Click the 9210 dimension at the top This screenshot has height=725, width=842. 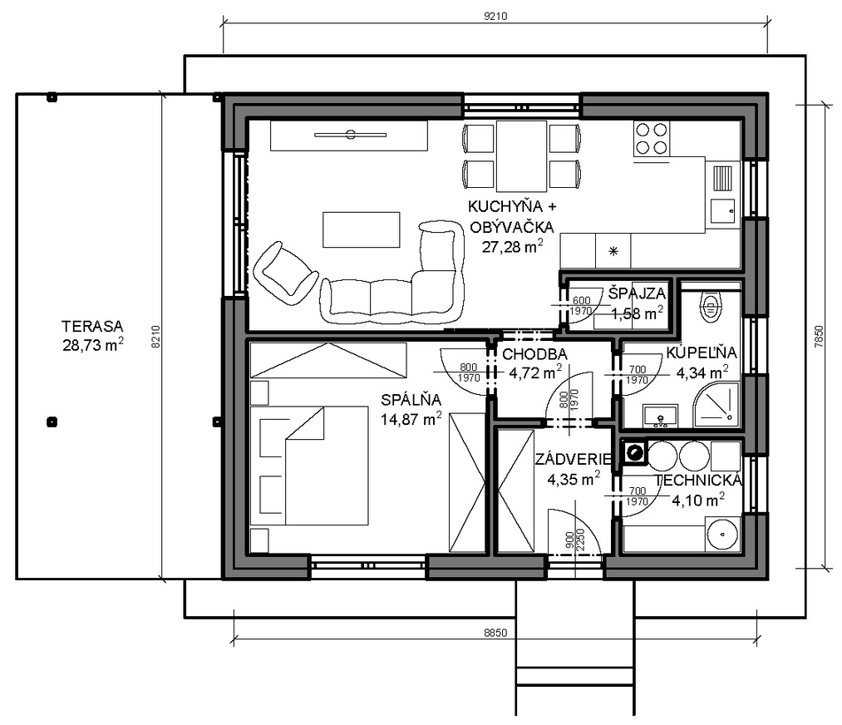[495, 16]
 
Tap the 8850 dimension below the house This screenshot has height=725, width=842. [495, 633]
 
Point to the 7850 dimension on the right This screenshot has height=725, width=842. [819, 337]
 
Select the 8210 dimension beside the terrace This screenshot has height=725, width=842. [156, 337]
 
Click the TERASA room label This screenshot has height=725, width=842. [92, 326]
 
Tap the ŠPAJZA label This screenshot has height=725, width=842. [637, 293]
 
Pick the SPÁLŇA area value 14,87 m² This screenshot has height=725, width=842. [411, 418]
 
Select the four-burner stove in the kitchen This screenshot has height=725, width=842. [651, 139]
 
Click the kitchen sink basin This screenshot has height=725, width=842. [723, 211]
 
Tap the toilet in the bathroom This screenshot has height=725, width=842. [710, 307]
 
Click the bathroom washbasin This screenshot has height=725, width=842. [661, 417]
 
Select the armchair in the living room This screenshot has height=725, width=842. [285, 269]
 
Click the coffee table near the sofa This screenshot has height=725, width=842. [361, 229]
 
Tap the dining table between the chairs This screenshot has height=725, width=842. [521, 155]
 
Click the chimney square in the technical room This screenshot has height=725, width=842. [635, 453]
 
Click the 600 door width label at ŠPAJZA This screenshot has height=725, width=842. [582, 300]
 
